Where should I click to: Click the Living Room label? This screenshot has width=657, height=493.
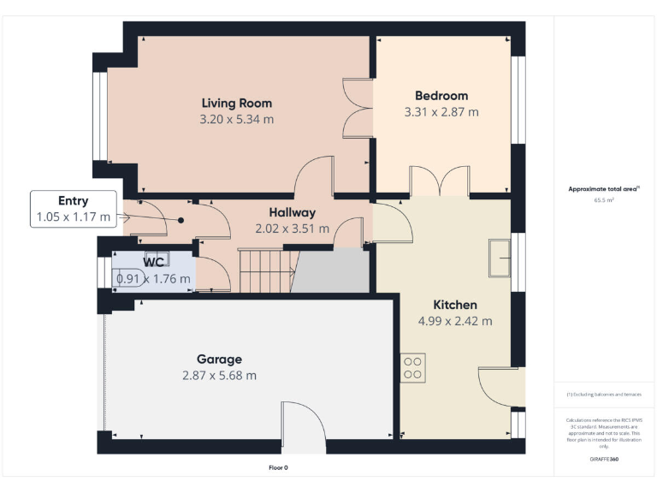pos(236,103)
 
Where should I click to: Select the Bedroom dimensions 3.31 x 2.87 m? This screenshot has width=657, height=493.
pos(441,112)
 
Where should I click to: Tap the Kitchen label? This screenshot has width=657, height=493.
pos(454,305)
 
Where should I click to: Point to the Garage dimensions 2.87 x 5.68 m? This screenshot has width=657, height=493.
pos(219,375)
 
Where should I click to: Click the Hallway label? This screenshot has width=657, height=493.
pos(292,212)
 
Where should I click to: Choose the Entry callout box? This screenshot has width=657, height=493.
pos(73,209)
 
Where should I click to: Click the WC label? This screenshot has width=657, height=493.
pos(153,262)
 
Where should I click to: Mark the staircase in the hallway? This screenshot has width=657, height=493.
pos(265,270)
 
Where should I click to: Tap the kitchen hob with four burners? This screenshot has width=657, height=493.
pos(412,367)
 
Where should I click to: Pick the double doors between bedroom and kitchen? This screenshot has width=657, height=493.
pos(440,181)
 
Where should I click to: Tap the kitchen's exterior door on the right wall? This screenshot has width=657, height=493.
pos(500,387)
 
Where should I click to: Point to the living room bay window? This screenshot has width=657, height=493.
pos(100,116)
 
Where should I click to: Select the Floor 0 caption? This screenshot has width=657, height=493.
pos(278,468)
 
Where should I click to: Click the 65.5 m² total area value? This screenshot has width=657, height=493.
pos(604,199)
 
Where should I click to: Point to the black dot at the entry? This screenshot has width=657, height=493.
pos(181,220)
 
